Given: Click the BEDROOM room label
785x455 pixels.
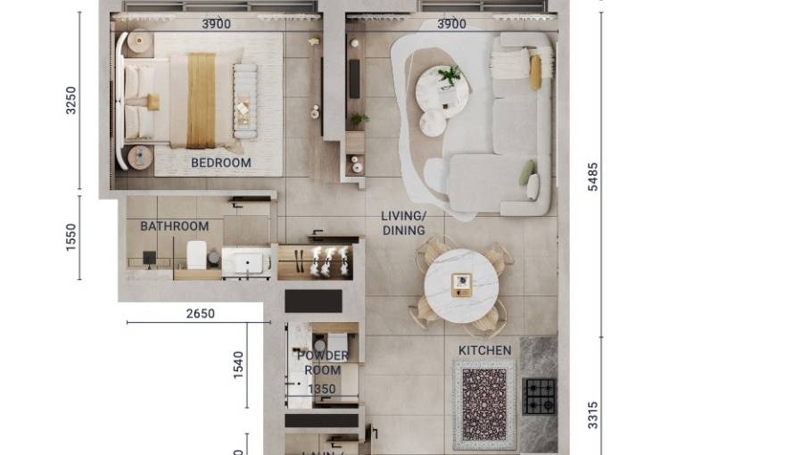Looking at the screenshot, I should pos(221,163).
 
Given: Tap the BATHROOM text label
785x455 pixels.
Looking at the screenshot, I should pos(174,227).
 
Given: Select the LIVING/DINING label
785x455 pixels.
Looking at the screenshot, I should pos(403,223).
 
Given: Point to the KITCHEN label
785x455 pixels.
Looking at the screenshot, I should pos(484,351).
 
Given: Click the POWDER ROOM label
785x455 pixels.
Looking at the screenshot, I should pos(322,363).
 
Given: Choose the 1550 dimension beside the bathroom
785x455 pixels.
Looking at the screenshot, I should pos(71,237).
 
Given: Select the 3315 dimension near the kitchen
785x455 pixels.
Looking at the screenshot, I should pos(594,415).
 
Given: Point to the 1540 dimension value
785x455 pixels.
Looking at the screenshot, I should pos(238,365).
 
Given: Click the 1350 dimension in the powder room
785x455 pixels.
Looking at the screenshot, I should pos(321,390).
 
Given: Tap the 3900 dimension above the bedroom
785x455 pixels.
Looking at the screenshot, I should pos(219,25).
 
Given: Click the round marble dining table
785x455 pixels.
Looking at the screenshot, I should pos(461,285).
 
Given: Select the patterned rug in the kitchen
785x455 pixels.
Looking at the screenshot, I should pos(484,404).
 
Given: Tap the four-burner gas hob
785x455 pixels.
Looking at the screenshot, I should pos(539,396).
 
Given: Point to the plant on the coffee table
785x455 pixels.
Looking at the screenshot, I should pos(450,78).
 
